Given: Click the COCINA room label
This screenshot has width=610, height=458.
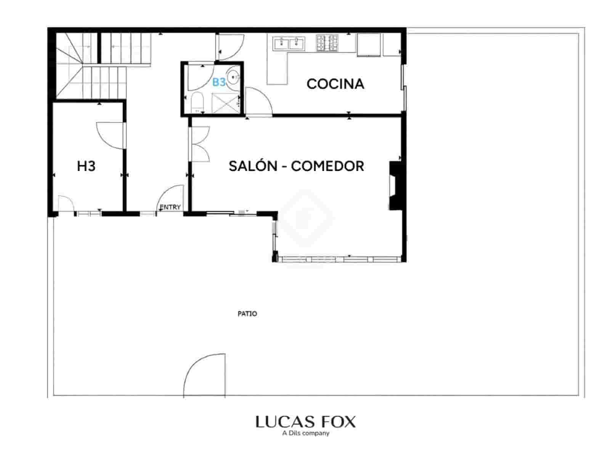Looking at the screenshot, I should tap(335, 84).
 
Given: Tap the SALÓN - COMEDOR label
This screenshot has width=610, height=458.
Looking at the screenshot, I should tap(296, 166).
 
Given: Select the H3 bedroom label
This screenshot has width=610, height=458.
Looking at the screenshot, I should tap(86, 166).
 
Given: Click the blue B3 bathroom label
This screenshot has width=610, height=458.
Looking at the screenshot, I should tap(219, 82).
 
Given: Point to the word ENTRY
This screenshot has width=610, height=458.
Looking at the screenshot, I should tap(170, 207).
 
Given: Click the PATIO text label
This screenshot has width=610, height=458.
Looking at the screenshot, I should tap(247, 314).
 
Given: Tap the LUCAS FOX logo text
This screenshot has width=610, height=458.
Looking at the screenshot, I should tap(305, 422).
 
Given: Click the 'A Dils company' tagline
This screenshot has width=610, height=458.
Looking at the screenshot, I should tap(305, 433).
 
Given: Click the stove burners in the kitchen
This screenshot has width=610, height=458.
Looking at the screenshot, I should tap(327, 43).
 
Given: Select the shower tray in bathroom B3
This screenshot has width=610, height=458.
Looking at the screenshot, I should tap(225, 103).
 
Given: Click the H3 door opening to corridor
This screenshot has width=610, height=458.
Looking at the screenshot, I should tap(111, 135).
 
